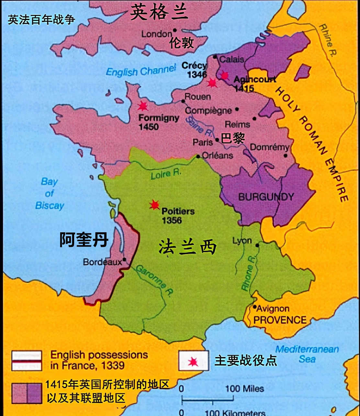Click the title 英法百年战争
41,20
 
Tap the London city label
157,34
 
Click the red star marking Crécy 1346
212,82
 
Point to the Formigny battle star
142,106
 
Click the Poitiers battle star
154,204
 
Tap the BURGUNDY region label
266,197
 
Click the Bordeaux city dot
124,260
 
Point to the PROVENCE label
280,320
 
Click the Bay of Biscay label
50,194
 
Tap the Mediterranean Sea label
307,354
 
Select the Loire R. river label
166,174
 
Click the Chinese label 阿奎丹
84,240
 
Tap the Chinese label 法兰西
187,248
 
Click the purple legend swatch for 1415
27,393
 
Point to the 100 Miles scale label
244,388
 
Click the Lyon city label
242,240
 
